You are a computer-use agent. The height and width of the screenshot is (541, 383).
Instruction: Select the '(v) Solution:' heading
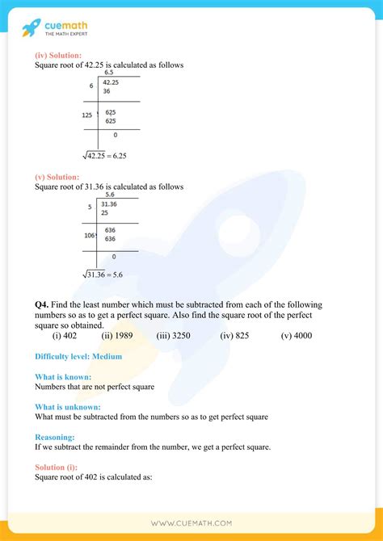coord(57,177)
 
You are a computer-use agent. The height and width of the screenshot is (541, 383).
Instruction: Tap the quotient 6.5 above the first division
coord(109,72)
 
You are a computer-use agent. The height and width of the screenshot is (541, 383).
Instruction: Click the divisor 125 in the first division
coord(87,115)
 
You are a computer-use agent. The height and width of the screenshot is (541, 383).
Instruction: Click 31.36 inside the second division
coord(109,204)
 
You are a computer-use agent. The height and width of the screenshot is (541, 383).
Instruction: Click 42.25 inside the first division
coord(109,82)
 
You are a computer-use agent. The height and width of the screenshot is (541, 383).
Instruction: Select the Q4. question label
coord(43,304)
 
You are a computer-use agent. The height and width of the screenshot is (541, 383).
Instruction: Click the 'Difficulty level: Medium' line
coord(78,356)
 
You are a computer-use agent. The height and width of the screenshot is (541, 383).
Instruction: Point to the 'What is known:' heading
coord(63,376)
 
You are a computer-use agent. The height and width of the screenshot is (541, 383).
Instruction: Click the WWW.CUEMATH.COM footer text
coord(191,522)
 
